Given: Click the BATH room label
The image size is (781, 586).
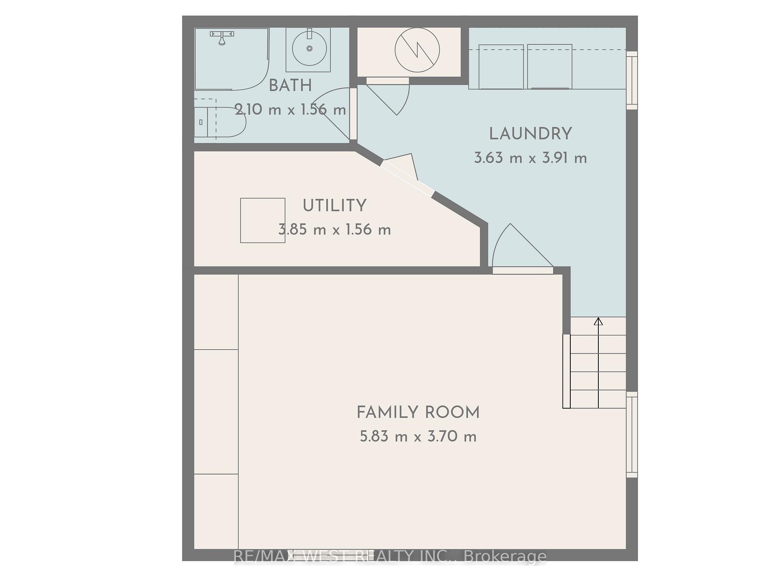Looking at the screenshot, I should (290, 86).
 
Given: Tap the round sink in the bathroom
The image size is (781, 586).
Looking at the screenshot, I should (309, 48).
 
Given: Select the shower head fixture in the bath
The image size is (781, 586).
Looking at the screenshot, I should (222, 38).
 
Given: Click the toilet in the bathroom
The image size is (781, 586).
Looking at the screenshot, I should (226, 122).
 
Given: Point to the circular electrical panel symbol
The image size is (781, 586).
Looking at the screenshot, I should (417, 50).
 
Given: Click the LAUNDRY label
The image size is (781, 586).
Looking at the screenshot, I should (530, 134).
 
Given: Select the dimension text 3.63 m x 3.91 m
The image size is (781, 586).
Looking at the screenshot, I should (530, 158).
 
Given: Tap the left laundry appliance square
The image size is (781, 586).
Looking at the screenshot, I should (501, 67).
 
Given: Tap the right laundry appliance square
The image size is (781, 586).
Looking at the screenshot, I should (550, 67).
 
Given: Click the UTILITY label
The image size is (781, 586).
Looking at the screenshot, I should (334, 206).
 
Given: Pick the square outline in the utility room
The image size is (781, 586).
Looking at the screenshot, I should (262, 221).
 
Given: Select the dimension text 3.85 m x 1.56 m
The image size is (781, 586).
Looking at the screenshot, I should (334, 230).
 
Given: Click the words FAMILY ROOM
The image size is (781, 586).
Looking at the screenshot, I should (418, 413).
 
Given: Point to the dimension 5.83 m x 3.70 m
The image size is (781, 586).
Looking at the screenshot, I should (418, 437).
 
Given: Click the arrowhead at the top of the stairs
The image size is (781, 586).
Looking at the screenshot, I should (598, 321).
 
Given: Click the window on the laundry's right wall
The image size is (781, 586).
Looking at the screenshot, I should (631, 80).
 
